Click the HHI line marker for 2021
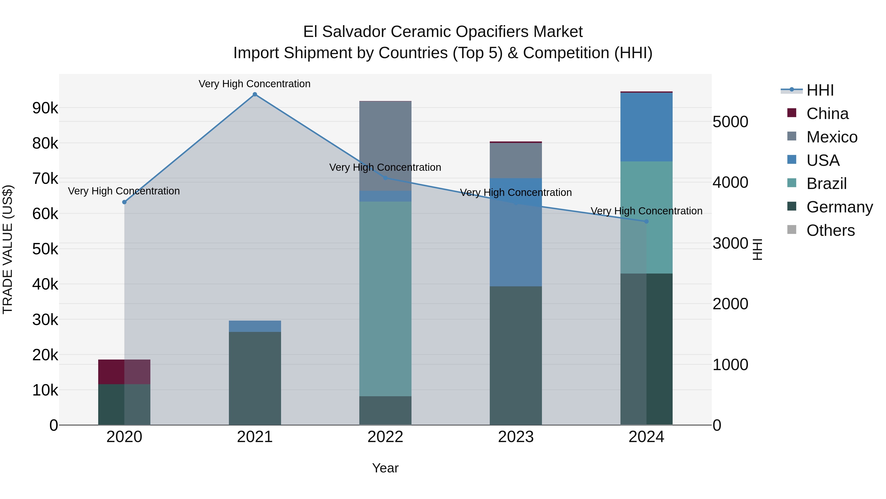click(x=254, y=94)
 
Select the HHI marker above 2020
click(x=124, y=202)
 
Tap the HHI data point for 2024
click(x=646, y=222)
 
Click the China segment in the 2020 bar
click(x=124, y=372)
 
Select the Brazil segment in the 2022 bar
click(x=385, y=299)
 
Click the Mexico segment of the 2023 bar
click(x=516, y=160)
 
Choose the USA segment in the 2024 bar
click(x=646, y=127)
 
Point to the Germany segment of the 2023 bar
click(x=516, y=355)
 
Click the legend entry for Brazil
click(x=826, y=184)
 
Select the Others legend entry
click(x=830, y=230)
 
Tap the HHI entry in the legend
click(x=820, y=90)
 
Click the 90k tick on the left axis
click(x=45, y=108)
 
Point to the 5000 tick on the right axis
click(x=730, y=122)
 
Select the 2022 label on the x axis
click(x=385, y=437)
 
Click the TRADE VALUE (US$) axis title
click(x=8, y=249)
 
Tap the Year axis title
click(x=385, y=468)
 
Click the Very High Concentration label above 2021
click(x=254, y=84)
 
